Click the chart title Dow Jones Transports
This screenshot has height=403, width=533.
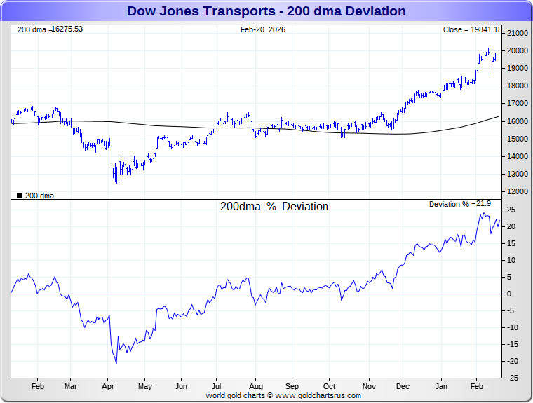coord(266,11)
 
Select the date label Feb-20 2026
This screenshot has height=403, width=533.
coord(263,29)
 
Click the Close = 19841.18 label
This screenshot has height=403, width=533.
coord(472,29)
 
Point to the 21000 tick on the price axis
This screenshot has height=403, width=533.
coord(518,33)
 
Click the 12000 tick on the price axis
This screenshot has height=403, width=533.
coord(518,191)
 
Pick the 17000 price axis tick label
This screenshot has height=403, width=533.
coord(518,104)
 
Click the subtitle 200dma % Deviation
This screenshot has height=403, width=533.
coord(274,207)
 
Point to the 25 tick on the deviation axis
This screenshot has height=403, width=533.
coord(513,210)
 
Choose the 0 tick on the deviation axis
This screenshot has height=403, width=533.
coord(510,294)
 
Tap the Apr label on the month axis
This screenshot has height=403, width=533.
coord(108,386)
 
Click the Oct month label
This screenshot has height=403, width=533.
coord(330,386)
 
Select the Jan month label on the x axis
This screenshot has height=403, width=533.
coord(442,386)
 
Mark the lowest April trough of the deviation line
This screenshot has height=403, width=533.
coord(116,363)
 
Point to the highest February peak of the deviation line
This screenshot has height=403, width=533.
coord(482,213)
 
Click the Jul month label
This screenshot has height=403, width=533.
coord(217,386)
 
